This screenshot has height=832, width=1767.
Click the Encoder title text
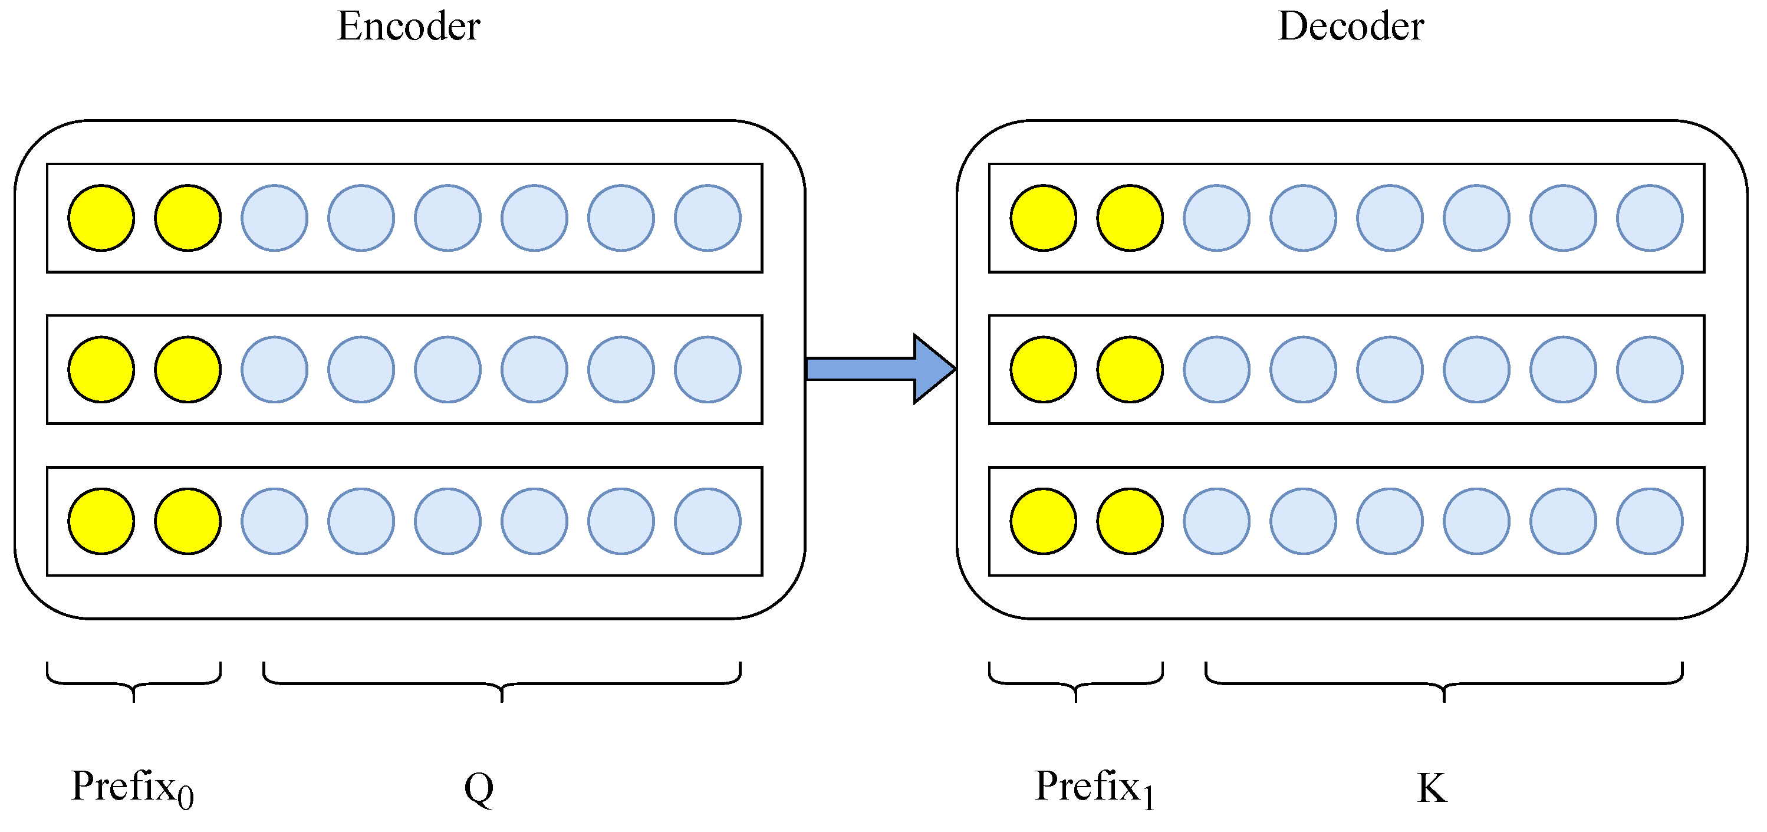408,28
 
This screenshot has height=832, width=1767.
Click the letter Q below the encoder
479,789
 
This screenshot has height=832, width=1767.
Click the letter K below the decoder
1432,789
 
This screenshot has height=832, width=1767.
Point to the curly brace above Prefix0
134,682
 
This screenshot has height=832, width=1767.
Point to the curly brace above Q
502,682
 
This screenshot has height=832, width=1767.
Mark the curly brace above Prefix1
1075,682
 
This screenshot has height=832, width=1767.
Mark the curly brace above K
1444,682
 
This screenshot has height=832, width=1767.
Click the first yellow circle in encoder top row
101,218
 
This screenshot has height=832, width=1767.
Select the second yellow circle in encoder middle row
187,370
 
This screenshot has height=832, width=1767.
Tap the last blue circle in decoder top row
1649,218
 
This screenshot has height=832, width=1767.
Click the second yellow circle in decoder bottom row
1129,521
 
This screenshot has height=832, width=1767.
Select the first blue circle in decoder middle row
1216,370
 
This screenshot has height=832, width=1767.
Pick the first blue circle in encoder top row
274,218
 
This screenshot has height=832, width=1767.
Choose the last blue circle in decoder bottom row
1649,521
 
